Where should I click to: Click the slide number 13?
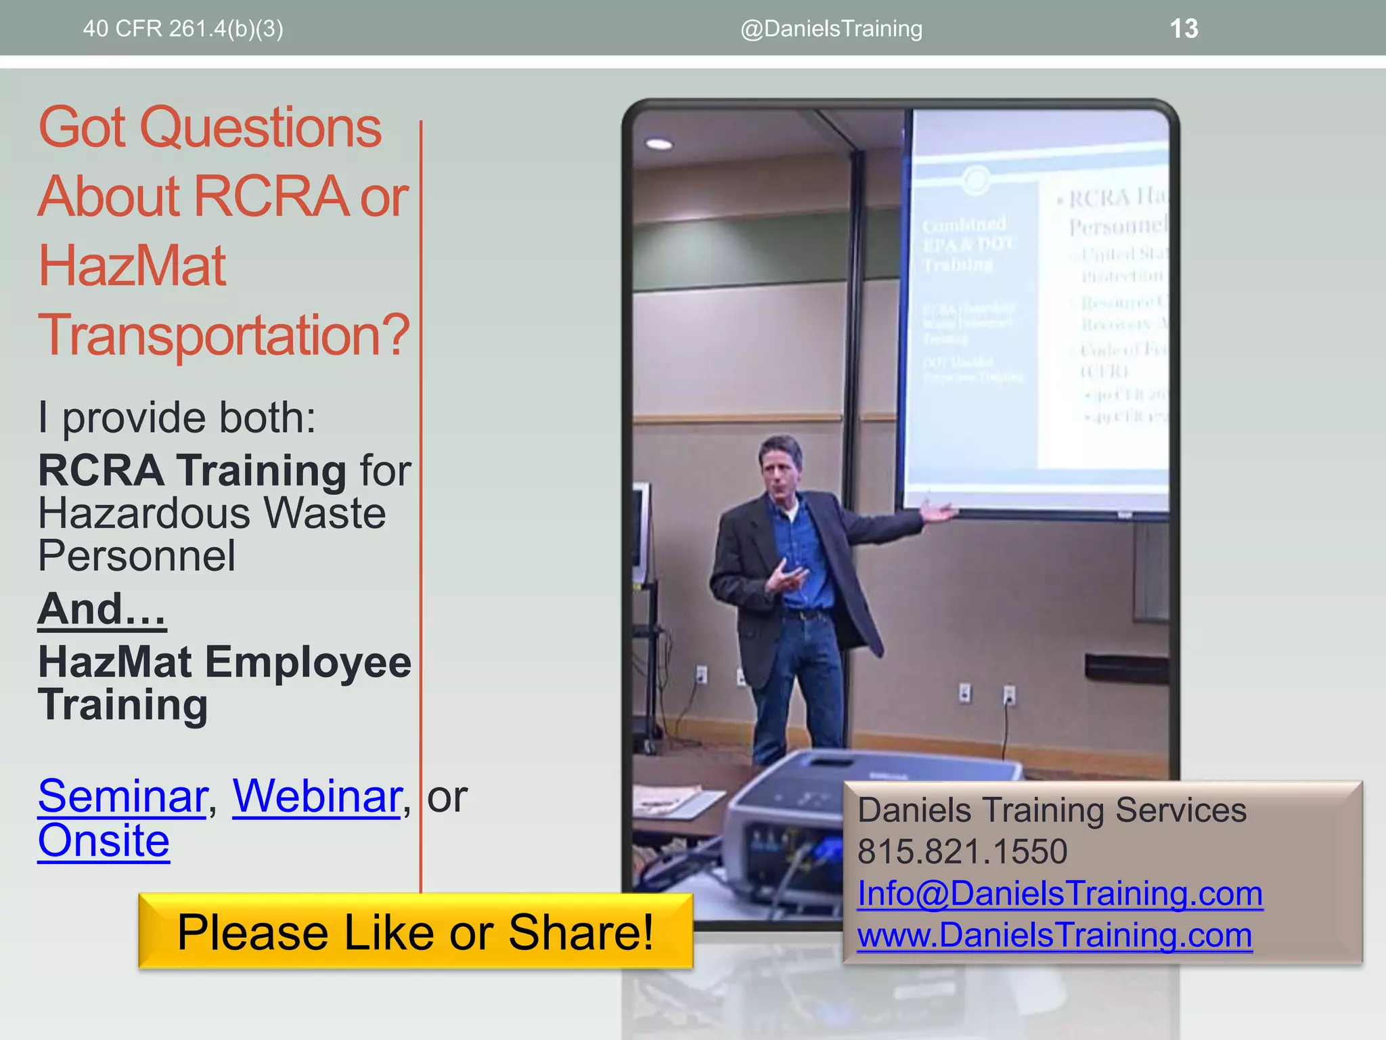pyautogui.click(x=1184, y=28)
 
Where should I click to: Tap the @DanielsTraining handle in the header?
pyautogui.click(x=831, y=28)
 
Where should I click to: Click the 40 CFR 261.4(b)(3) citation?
pyautogui.click(x=183, y=28)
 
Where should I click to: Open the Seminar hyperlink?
pyautogui.click(x=122, y=796)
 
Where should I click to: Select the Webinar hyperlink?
pyautogui.click(x=317, y=796)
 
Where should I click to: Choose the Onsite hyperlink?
pyautogui.click(x=104, y=841)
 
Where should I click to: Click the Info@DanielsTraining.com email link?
pyautogui.click(x=1060, y=893)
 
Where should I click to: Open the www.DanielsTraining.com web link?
pyautogui.click(x=1054, y=935)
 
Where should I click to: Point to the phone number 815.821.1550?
pyautogui.click(x=962, y=851)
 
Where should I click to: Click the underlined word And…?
pyautogui.click(x=102, y=609)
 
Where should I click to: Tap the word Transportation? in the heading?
pyautogui.click(x=223, y=334)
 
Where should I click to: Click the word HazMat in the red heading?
pyautogui.click(x=132, y=265)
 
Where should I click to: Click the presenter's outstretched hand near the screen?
pyautogui.click(x=939, y=511)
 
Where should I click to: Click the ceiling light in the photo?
pyautogui.click(x=658, y=144)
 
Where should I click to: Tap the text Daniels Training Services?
pyautogui.click(x=1052, y=810)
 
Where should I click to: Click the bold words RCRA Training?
pyautogui.click(x=192, y=471)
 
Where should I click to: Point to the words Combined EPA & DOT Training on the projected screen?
pyautogui.click(x=966, y=244)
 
